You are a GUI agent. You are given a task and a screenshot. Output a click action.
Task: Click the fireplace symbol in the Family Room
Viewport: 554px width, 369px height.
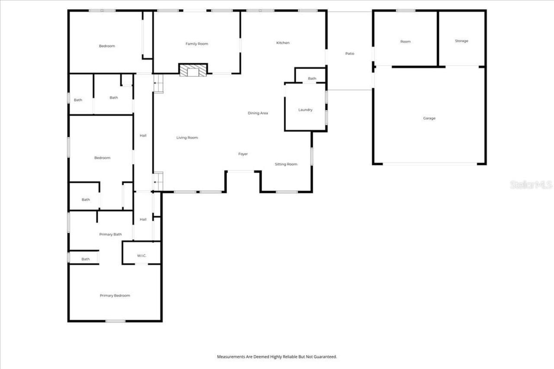193,70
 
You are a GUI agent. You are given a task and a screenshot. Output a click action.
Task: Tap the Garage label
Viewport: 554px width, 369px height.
429,118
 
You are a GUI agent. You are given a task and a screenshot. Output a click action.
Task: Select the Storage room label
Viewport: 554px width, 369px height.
461,41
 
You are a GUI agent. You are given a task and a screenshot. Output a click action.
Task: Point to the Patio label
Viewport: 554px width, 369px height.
350,54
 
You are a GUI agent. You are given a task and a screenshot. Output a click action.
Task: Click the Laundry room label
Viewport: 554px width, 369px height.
305,110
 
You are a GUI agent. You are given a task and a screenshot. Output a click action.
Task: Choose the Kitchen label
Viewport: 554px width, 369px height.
283,43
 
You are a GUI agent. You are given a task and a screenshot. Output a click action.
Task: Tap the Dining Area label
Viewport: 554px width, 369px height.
258,113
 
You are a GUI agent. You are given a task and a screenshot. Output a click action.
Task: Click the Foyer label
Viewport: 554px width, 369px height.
243,154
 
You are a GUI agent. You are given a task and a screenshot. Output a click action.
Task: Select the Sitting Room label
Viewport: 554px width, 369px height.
286,164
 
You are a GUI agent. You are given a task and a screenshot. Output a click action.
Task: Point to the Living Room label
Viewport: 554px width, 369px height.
187,138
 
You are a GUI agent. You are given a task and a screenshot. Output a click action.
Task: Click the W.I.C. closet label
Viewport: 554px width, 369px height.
142,256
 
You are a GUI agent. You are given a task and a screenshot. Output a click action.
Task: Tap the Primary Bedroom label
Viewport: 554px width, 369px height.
115,295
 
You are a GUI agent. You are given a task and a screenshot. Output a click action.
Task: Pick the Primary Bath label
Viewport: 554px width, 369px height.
110,234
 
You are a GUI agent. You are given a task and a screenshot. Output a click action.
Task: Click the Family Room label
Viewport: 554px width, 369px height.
197,44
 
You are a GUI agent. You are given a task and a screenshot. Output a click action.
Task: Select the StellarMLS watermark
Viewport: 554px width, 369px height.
531,185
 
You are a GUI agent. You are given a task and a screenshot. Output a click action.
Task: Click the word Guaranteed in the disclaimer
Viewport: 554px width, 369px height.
325,357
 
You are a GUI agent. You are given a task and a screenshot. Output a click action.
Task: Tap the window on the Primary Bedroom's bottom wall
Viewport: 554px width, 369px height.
116,321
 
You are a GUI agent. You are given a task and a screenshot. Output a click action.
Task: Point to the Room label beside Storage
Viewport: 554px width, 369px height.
406,42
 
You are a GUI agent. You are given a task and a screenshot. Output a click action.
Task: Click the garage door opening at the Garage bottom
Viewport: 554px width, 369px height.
430,164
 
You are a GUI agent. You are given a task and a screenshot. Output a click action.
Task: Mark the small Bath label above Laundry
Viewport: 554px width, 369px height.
312,79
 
